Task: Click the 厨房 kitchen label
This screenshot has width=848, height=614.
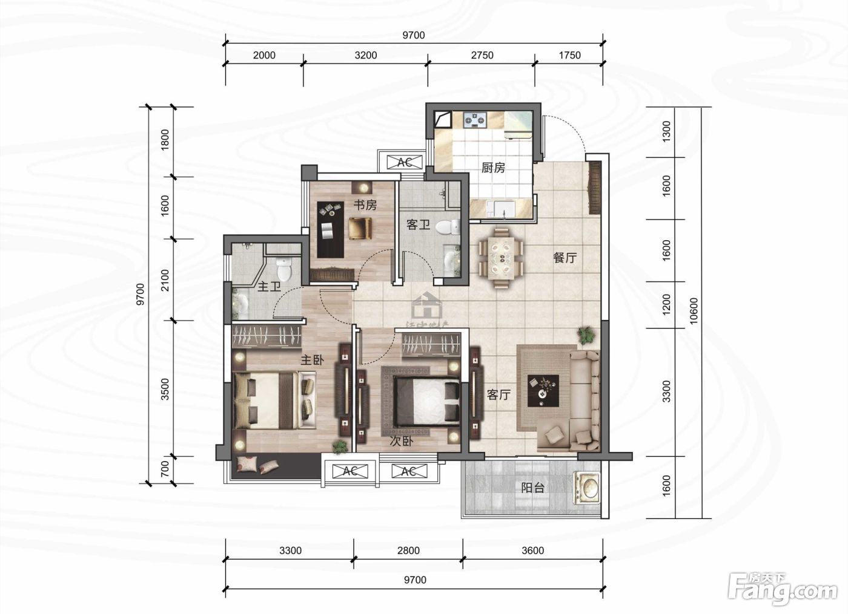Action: coord(493,168)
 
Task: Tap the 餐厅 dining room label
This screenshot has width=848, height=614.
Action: coord(565,258)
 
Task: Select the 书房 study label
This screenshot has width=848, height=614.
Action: coord(365,205)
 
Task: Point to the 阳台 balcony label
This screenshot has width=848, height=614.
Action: coord(532,488)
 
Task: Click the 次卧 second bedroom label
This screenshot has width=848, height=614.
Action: coord(402,441)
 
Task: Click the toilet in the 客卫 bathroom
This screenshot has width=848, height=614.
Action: coord(447,227)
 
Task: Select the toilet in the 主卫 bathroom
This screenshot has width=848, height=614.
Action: coord(284,269)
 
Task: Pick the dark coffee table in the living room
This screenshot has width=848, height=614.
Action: coord(543,391)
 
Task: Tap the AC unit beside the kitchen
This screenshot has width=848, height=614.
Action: coord(405,162)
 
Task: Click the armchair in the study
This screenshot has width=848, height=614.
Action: coord(360,228)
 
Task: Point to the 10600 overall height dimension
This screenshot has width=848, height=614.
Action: coord(694,311)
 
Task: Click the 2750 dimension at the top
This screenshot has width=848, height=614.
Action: coord(482,55)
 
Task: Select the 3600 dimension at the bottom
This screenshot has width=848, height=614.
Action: coord(532,550)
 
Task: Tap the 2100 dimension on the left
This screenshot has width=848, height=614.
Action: coord(165,280)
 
